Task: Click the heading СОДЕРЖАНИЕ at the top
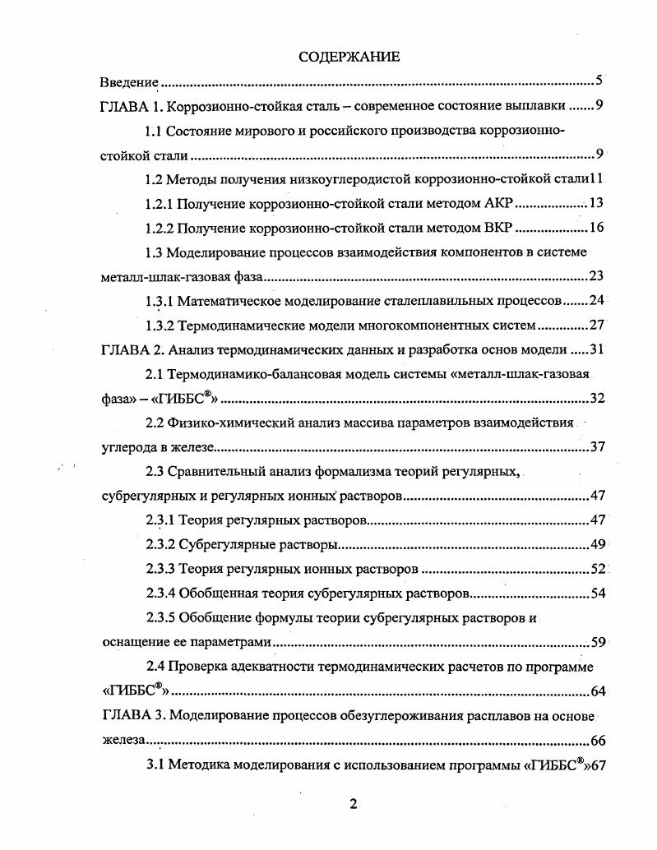point(349,57)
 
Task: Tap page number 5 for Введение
point(599,81)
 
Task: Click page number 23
point(597,276)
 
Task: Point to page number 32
point(597,399)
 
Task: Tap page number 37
point(597,447)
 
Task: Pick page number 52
point(597,569)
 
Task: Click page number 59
point(597,642)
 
